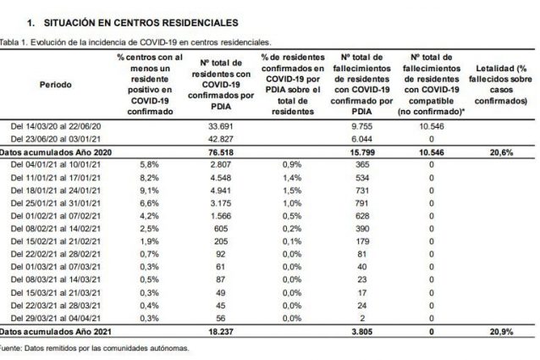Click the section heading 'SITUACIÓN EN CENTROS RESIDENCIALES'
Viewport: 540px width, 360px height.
(141, 23)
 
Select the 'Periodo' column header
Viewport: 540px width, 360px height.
(56, 85)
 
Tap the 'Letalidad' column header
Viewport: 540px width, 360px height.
(500, 85)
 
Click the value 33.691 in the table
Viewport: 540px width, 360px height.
(220, 126)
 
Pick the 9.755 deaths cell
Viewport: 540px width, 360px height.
(361, 126)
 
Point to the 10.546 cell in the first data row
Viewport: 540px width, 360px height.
(431, 126)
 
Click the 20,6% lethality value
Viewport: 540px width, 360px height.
(501, 152)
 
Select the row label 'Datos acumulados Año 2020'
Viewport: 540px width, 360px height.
(56, 152)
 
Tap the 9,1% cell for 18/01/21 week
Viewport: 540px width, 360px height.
(149, 191)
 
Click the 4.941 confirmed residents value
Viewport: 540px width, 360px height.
(221, 191)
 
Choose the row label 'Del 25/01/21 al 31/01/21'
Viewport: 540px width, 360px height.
(56, 203)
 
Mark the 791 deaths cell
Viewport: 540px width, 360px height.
(361, 203)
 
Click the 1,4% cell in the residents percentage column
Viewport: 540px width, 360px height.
(292, 178)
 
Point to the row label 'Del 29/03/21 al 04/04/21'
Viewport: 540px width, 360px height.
(56, 318)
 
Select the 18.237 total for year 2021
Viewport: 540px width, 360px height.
(221, 332)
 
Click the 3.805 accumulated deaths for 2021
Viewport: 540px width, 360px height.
(362, 332)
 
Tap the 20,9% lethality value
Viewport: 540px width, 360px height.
(501, 332)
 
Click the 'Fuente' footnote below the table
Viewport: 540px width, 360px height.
(94, 348)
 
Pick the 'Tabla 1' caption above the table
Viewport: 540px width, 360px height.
(135, 42)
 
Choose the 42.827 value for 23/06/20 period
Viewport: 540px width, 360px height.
(220, 139)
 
